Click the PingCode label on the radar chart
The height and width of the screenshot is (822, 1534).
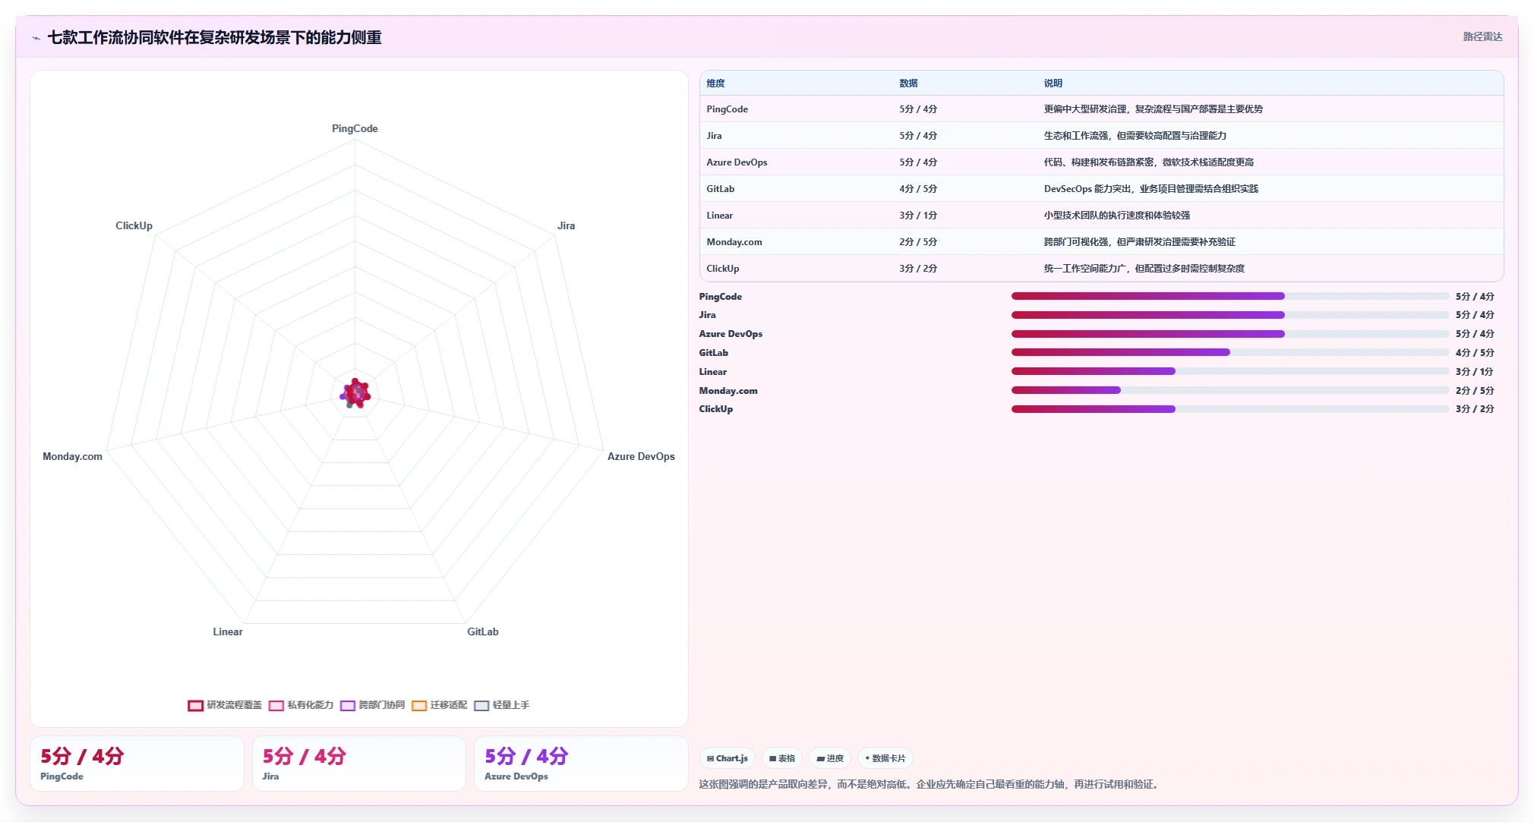[x=355, y=128]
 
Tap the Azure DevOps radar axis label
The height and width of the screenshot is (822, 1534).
[x=641, y=456]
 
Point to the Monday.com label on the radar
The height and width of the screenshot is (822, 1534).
[x=72, y=456]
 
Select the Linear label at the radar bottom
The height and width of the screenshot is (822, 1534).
[x=228, y=631]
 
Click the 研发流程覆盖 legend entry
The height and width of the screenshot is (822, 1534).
[x=225, y=705]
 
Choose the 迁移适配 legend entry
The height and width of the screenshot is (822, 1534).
[x=440, y=705]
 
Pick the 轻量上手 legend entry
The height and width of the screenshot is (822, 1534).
[x=502, y=705]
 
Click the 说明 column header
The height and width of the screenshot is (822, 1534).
[x=1053, y=83]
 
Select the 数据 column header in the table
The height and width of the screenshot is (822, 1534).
[x=909, y=83]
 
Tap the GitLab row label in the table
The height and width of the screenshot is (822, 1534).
[x=721, y=189]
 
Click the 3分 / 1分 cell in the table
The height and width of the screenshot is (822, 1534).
[x=918, y=216]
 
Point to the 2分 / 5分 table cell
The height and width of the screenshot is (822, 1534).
[x=918, y=242]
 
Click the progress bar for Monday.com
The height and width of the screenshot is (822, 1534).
[x=1230, y=390]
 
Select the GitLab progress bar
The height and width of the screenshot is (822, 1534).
[x=1230, y=352]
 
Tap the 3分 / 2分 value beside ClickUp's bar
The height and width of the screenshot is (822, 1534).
[x=1475, y=409]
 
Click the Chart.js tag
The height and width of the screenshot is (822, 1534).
[x=728, y=758]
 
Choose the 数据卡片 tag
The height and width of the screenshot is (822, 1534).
[x=885, y=758]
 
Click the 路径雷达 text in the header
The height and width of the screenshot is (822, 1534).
[x=1483, y=36]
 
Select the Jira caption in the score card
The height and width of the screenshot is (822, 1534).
[x=271, y=776]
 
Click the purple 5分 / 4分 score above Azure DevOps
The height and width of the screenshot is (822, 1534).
[x=526, y=756]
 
